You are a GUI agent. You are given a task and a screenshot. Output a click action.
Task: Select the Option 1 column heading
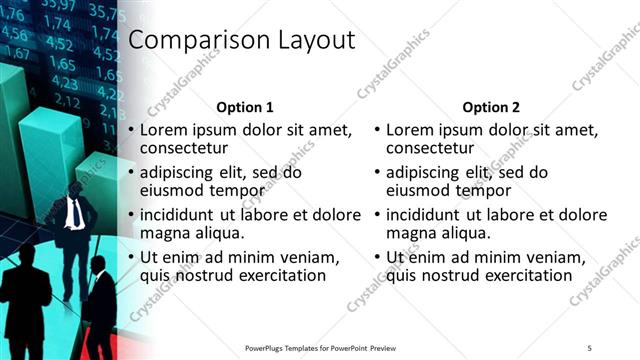pos(245,107)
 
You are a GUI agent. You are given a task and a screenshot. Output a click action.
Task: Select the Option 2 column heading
pos(491,107)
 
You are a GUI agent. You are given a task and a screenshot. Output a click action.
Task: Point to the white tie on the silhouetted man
pos(76,213)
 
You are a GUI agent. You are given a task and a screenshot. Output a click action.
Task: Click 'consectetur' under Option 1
pos(183,148)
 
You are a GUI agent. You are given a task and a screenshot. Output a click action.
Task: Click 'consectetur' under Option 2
pos(429,148)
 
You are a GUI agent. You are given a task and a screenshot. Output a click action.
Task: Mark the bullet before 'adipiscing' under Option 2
pos(378,172)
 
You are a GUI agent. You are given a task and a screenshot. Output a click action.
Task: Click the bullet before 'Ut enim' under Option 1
pos(132,258)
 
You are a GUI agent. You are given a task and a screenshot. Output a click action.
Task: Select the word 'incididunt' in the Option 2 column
pos(426,215)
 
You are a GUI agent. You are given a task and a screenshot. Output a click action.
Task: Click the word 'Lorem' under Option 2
pos(409,130)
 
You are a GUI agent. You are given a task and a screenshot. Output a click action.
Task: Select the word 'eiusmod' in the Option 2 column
pos(419,190)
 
